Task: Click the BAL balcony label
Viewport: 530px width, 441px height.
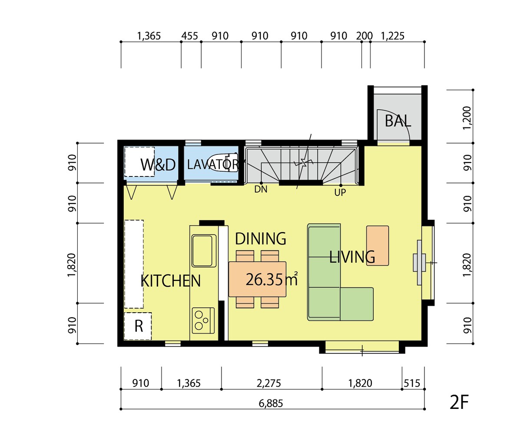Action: [398, 121]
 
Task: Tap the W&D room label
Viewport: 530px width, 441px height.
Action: [158, 164]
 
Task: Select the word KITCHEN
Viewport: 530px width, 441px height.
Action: [171, 281]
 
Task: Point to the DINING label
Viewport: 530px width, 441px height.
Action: [260, 239]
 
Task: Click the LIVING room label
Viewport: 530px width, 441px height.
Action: [352, 257]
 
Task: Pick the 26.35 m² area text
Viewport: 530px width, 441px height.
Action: [272, 279]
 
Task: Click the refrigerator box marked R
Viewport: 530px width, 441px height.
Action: [138, 326]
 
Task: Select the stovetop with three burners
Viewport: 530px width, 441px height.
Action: [203, 320]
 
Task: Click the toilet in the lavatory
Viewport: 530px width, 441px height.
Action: [224, 163]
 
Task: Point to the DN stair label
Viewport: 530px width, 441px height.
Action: [261, 189]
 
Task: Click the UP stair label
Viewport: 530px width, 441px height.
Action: [340, 193]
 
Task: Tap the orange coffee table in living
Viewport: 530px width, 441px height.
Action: [378, 245]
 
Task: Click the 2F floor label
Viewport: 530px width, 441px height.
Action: [459, 402]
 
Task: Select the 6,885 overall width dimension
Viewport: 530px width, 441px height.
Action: [271, 403]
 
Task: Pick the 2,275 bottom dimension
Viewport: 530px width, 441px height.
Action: [269, 383]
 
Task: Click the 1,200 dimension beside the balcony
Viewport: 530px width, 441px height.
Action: [467, 118]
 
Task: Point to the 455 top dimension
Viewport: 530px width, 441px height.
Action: [189, 36]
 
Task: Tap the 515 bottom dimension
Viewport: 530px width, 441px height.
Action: [412, 383]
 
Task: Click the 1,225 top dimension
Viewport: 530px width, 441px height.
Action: [392, 36]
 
